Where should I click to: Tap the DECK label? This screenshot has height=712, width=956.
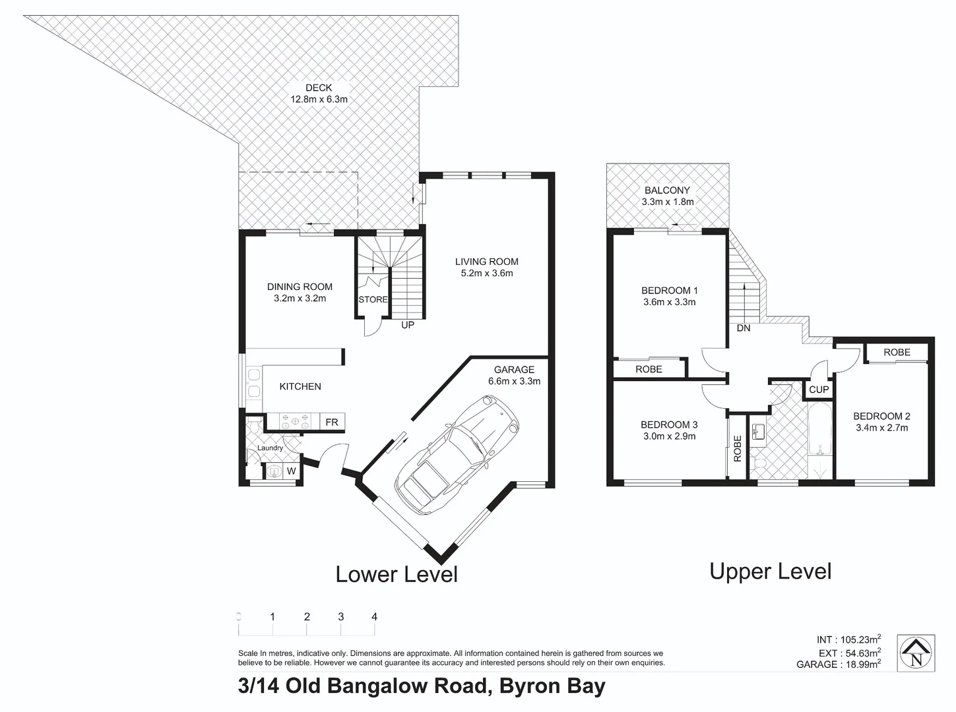click(x=319, y=88)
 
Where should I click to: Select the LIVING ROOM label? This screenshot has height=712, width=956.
click(x=486, y=262)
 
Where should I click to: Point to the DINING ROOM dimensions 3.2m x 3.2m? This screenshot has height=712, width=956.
click(x=300, y=299)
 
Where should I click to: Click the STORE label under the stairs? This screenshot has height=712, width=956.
click(x=373, y=299)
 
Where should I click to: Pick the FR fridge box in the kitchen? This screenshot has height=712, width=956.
click(x=331, y=422)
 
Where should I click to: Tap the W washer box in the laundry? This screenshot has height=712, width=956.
click(x=291, y=471)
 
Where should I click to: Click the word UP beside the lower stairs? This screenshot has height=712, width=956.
click(x=408, y=325)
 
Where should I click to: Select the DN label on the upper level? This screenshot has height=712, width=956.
click(x=744, y=328)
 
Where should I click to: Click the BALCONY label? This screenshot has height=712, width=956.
click(x=667, y=190)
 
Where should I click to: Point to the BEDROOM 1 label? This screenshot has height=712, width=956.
click(x=669, y=290)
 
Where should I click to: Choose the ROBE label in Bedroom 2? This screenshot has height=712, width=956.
click(x=897, y=353)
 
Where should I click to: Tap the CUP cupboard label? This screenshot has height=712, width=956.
click(x=819, y=390)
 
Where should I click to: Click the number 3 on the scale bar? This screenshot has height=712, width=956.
click(x=340, y=617)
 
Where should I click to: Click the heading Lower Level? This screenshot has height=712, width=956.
click(x=397, y=574)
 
